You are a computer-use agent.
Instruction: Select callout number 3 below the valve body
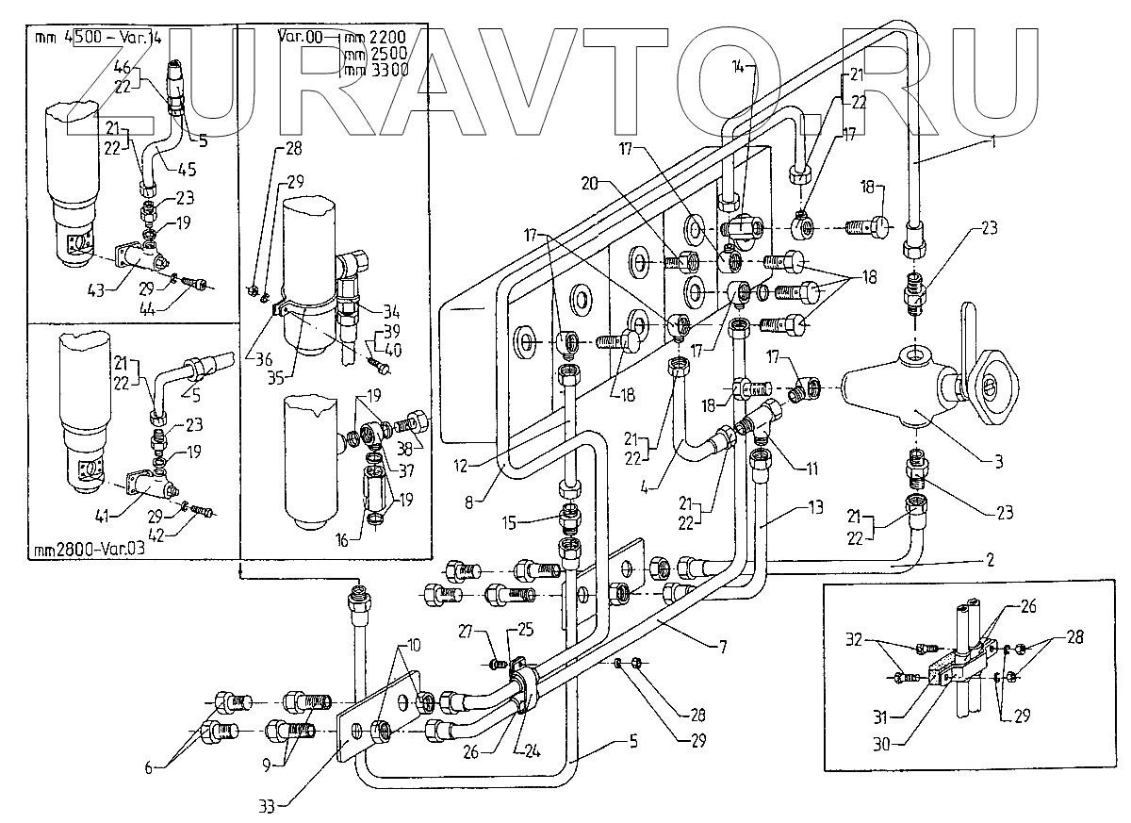[x=998, y=462]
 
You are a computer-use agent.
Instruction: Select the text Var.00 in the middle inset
[x=297, y=39]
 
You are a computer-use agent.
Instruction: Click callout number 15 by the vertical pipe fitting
[x=533, y=518]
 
